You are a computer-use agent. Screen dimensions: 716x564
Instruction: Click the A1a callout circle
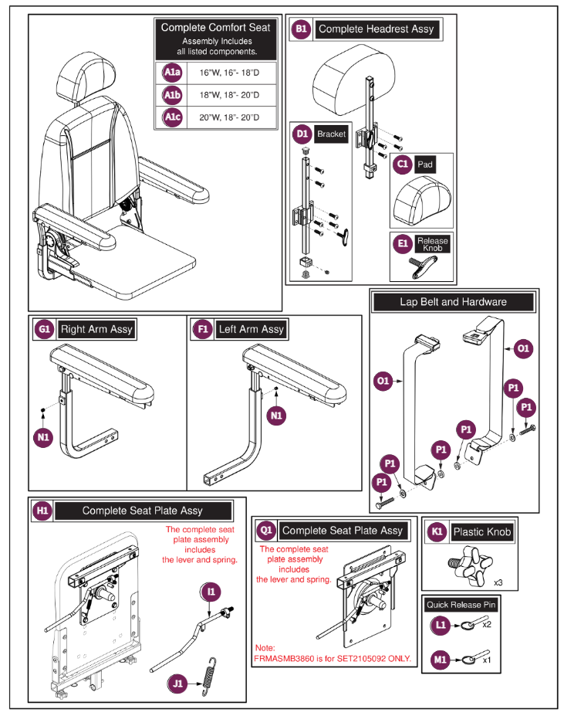click(171, 73)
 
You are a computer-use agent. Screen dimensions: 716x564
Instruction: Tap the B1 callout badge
click(301, 29)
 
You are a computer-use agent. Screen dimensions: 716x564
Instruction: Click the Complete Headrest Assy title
click(376, 29)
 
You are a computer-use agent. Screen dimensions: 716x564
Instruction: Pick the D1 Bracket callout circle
click(302, 134)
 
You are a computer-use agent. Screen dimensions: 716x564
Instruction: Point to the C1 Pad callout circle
click(402, 165)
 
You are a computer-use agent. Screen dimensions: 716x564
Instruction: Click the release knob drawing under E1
click(421, 266)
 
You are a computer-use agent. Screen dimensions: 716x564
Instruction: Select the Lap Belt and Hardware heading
click(453, 302)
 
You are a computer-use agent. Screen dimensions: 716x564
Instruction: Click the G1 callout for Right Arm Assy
click(43, 329)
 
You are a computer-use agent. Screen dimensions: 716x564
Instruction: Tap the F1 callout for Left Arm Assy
click(202, 329)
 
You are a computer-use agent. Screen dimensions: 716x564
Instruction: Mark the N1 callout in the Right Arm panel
click(43, 438)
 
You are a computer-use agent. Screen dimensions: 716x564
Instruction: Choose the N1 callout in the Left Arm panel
click(277, 415)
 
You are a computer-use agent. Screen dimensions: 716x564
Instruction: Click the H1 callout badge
click(43, 511)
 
